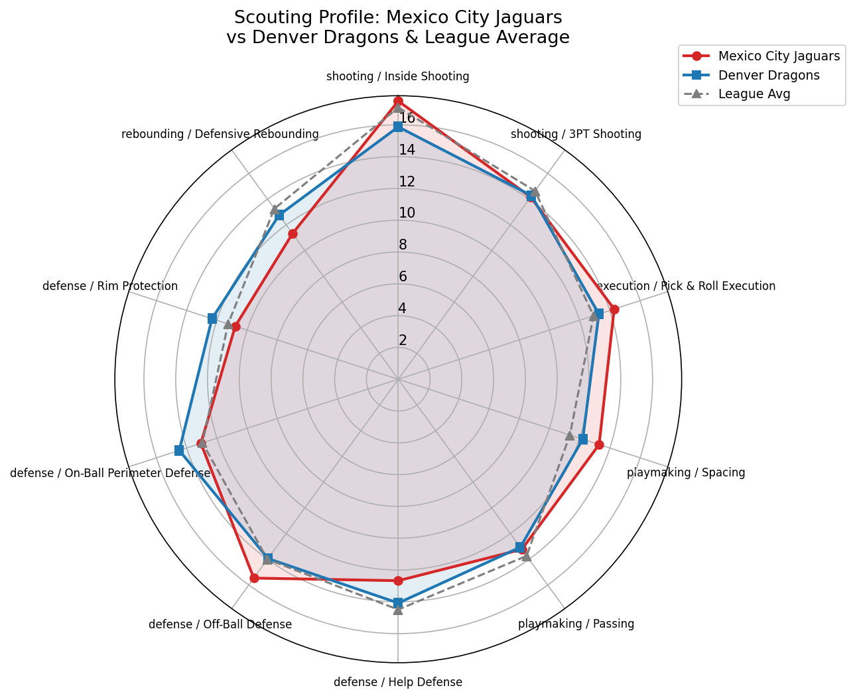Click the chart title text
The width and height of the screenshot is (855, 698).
[x=398, y=27]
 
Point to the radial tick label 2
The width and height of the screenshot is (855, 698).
[x=403, y=340]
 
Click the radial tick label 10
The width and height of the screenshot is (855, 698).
[x=407, y=213]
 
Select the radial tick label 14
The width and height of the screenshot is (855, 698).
[x=407, y=150]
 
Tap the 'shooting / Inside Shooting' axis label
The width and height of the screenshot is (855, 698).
[x=398, y=76]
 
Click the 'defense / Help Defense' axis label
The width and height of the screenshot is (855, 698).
[x=398, y=682]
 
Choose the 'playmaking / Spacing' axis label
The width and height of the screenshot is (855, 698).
[x=686, y=473]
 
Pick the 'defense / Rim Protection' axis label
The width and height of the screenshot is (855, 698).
[x=110, y=286]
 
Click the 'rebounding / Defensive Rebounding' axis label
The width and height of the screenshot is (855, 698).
[x=220, y=134]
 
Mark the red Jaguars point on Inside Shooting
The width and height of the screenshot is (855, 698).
[x=398, y=101]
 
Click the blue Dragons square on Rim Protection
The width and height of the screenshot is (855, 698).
[x=212, y=319]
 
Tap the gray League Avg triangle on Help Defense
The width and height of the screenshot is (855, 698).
[x=398, y=610]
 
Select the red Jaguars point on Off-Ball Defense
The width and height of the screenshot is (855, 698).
[x=254, y=578]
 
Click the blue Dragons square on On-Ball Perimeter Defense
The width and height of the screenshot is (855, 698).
[x=179, y=451]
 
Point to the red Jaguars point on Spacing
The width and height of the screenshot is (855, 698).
[x=598, y=445]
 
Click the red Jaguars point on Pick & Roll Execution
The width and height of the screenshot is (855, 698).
[x=614, y=309]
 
